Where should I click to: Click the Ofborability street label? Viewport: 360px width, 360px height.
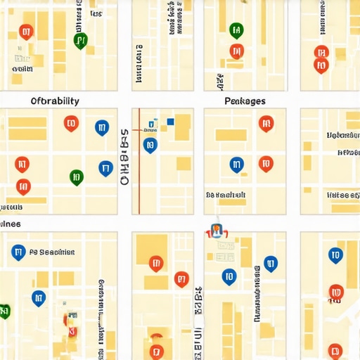pos(56,101)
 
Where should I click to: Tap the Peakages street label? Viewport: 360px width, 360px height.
pos(245,101)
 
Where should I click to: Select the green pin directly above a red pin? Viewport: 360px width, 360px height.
pos(236,31)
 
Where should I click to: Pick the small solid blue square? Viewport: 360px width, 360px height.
pos(170,122)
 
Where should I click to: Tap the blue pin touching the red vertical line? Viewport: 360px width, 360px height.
pos(150,146)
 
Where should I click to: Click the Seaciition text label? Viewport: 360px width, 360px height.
pos(52,252)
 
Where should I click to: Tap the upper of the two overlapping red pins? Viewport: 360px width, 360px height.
pos(321,53)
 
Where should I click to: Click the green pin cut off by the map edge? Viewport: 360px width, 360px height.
pos(4,311)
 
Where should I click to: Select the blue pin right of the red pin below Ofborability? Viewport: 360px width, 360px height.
pos(101,127)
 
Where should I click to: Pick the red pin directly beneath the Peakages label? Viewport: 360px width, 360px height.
pos(266,124)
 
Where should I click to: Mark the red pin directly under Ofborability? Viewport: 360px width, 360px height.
pos(70,124)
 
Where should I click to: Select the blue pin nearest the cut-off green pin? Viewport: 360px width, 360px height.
pos(39,298)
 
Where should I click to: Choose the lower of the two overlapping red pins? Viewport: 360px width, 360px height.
pos(321,65)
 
